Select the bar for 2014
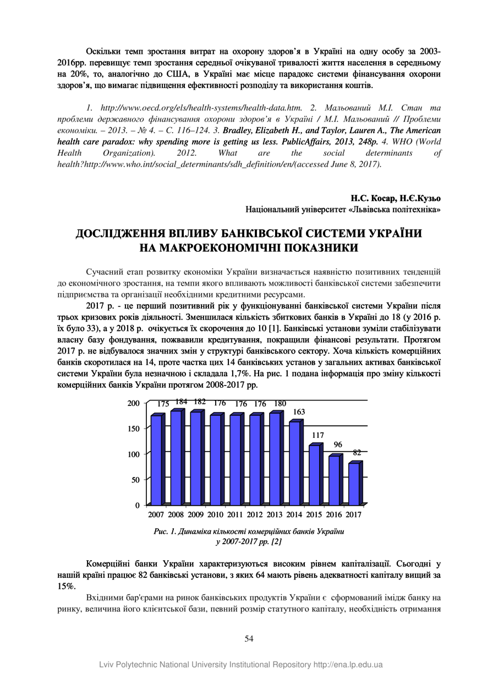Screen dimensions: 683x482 pos(294,463)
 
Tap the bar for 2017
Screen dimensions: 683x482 pos(354,483)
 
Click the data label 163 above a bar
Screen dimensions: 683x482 pos(299,412)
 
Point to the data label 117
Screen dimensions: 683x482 pos(318,435)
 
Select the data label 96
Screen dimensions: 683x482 pos(338,445)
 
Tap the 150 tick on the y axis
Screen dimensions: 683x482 pos(134,428)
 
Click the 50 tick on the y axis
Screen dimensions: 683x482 pos(136,479)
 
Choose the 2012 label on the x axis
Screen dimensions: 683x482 pos(255,515)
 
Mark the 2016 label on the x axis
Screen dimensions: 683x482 pos(333,515)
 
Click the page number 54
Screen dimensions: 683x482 pos(249,638)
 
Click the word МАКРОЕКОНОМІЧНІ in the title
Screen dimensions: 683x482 pos(230,248)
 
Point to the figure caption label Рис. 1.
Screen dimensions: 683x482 pos(165,532)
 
